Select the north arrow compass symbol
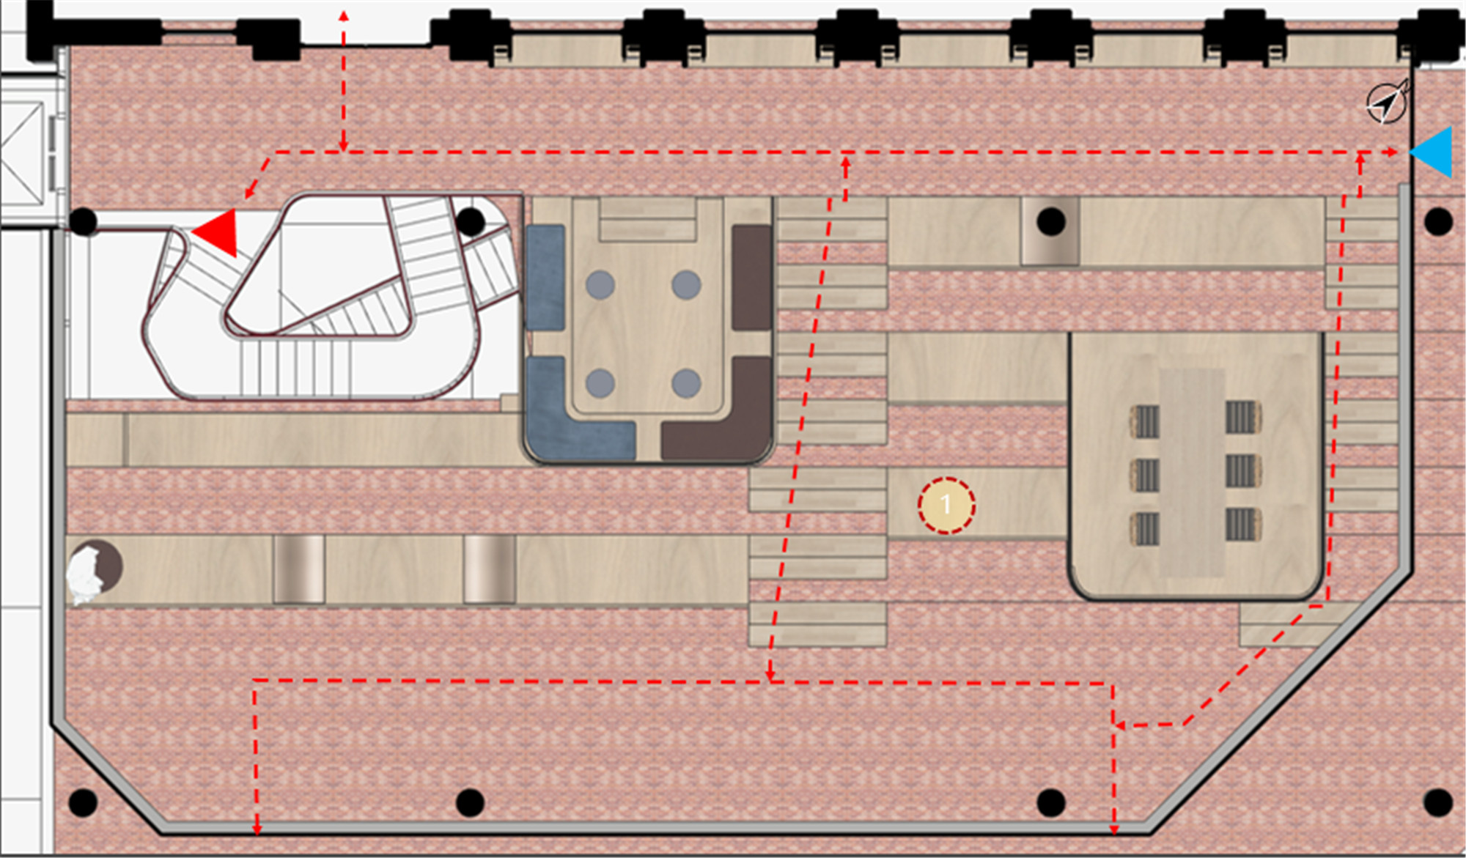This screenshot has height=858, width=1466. pos(1387,102)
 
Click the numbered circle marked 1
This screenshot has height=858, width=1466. pos(946,505)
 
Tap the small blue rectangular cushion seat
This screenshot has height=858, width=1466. pos(545,277)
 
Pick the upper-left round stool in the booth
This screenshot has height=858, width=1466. pos(600,285)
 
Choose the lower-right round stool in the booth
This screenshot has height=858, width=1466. pos(686,382)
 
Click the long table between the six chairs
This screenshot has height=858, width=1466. pos(1193,473)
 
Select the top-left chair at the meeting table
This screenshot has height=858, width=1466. pos(1145,421)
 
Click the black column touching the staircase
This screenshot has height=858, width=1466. pos(471,221)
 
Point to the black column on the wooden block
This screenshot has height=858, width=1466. pos(1051,221)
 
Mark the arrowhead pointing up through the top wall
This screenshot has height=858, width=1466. pos(344,15)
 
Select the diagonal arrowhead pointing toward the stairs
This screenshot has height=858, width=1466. pos(249,193)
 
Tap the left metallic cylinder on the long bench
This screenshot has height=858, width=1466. pos(299,569)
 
